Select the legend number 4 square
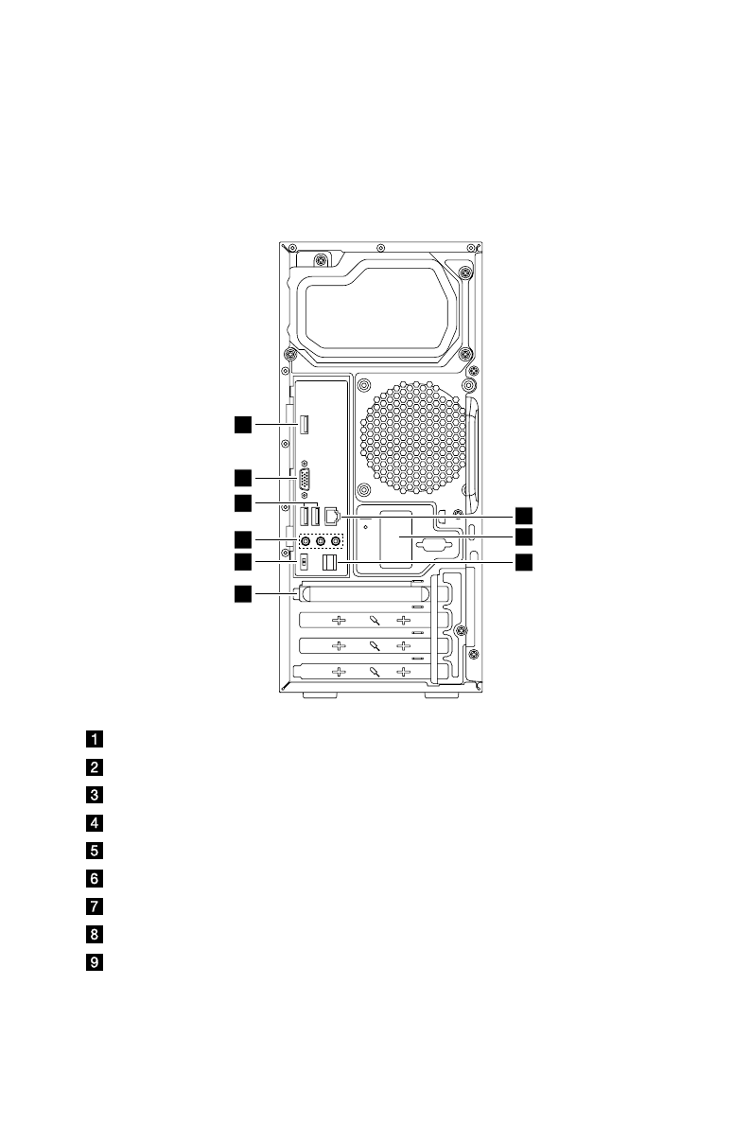(x=96, y=823)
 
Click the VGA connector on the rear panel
(x=306, y=480)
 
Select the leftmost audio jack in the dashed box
(x=306, y=541)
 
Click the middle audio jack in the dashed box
(x=321, y=541)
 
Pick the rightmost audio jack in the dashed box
(x=337, y=541)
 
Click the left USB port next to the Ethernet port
(x=305, y=517)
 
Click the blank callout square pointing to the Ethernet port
(x=523, y=516)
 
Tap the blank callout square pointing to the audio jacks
(x=244, y=540)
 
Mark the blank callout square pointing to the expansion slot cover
(x=244, y=593)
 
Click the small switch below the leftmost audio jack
(x=305, y=563)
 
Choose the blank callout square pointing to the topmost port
(x=244, y=425)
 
